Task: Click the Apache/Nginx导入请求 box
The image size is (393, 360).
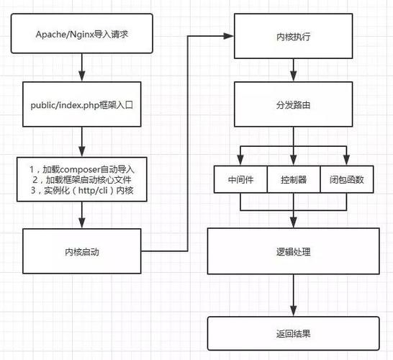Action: [83, 34]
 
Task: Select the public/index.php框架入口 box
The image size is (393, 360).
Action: [83, 104]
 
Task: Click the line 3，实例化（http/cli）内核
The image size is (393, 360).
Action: [83, 190]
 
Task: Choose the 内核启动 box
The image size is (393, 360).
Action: [83, 252]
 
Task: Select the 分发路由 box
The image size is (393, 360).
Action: [292, 104]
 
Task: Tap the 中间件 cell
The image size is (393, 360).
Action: [240, 180]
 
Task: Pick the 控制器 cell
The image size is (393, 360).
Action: [292, 180]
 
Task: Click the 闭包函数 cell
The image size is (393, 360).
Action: [346, 180]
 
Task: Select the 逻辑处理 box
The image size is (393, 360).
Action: [292, 252]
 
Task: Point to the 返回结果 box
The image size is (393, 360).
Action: [292, 333]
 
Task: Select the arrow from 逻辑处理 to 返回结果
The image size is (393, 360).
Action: [292, 295]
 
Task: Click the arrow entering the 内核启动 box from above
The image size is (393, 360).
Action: [83, 216]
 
